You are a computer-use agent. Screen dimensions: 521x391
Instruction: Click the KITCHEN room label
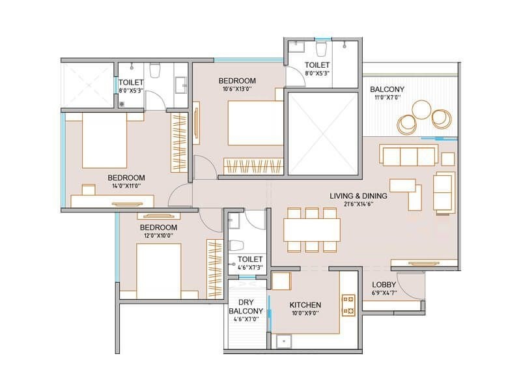click(305, 305)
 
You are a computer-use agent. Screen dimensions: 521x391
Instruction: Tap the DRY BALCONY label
click(246, 306)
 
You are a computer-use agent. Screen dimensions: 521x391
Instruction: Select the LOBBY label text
click(384, 285)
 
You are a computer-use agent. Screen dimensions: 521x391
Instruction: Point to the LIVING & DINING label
click(358, 196)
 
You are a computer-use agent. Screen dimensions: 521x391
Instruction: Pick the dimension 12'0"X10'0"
click(158, 235)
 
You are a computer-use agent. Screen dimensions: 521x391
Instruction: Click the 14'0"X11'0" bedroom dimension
click(126, 186)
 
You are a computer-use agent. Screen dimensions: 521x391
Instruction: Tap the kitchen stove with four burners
click(348, 305)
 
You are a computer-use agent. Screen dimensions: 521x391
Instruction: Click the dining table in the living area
click(312, 230)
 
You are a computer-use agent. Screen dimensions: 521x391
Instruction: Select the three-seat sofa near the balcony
click(408, 155)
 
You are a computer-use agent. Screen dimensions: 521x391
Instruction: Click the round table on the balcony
click(421, 109)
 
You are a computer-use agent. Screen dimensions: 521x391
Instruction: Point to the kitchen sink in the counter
click(283, 341)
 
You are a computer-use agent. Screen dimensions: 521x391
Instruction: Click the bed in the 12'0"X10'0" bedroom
click(158, 271)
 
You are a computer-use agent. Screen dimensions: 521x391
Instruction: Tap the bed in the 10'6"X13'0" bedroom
click(255, 123)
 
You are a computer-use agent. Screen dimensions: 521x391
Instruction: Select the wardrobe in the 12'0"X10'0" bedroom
click(214, 268)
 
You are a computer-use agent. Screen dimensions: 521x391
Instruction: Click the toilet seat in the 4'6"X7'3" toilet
click(236, 246)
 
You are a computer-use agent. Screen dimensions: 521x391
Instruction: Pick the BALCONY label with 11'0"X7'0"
click(387, 89)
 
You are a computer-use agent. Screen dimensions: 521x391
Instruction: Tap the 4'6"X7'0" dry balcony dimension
click(246, 319)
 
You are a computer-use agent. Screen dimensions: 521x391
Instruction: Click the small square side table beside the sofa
click(448, 159)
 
